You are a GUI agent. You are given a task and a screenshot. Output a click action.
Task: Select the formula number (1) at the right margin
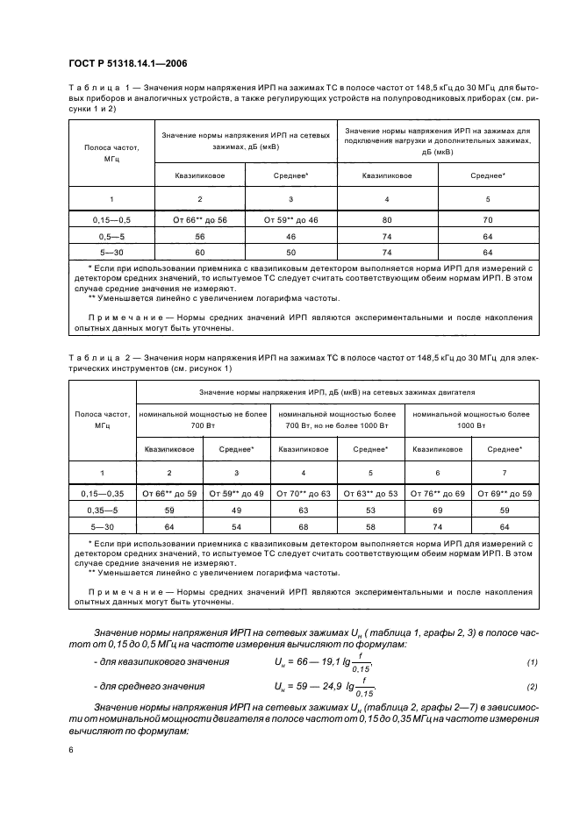[532, 660]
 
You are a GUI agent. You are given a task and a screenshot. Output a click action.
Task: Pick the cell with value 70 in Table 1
[488, 220]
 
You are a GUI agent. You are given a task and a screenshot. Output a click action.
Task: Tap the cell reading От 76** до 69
[435, 493]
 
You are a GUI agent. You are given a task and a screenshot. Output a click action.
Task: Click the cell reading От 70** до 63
[304, 493]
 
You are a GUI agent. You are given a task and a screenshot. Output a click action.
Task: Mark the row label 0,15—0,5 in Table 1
[100, 220]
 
